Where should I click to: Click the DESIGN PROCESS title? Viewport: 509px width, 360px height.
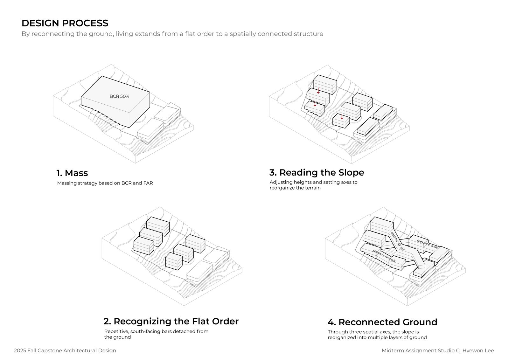click(x=65, y=23)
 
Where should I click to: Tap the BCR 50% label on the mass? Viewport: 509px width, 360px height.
click(x=119, y=96)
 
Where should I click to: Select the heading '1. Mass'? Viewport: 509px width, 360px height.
click(x=72, y=173)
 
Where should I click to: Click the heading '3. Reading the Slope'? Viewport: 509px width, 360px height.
click(x=317, y=172)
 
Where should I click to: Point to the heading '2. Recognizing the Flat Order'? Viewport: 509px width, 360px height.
click(x=171, y=321)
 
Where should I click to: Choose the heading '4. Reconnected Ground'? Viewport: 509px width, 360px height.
click(x=382, y=322)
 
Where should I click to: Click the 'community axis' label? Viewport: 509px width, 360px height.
click(x=398, y=241)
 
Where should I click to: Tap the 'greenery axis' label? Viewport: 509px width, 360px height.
click(x=384, y=256)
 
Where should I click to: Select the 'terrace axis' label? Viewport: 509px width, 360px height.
click(x=428, y=244)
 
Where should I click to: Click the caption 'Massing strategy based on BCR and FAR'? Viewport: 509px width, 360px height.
click(x=105, y=183)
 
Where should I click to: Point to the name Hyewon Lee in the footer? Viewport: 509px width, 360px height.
click(x=478, y=350)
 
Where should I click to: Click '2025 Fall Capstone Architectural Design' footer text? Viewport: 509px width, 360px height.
click(x=65, y=350)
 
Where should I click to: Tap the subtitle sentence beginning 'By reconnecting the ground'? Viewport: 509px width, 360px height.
click(x=172, y=34)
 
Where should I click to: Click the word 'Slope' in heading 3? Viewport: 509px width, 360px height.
click(x=351, y=172)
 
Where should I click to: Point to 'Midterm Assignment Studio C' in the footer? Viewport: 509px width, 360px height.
click(x=421, y=350)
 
